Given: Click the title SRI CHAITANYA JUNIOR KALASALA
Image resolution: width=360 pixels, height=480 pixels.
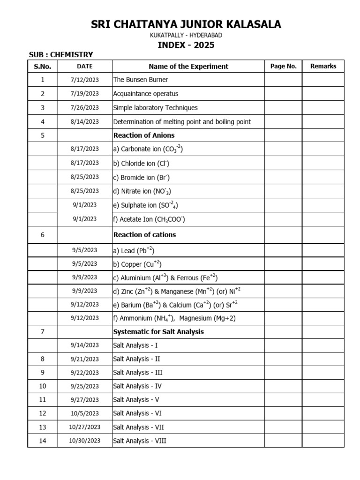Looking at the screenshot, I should click(186, 24).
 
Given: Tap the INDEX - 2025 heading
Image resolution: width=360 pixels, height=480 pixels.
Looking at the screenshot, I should click(186, 45).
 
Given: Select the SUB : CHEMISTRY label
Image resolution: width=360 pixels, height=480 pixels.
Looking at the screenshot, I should click(61, 55).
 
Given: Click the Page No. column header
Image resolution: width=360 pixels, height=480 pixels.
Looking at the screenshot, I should click(283, 66).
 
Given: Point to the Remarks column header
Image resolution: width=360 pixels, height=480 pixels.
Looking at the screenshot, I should click(323, 66).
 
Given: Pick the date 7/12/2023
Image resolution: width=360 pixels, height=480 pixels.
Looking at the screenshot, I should click(84, 80).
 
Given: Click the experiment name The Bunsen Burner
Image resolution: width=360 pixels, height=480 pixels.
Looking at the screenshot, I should click(141, 80).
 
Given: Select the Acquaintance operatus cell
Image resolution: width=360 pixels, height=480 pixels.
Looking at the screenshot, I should click(146, 94).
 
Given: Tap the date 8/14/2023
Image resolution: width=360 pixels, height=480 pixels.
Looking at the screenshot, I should click(84, 121).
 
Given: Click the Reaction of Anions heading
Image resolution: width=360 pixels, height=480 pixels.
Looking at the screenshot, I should click(143, 135).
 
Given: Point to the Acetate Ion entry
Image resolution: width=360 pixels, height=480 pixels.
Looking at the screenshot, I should click(149, 219).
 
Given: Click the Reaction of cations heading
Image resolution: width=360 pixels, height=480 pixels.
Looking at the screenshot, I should click(144, 234).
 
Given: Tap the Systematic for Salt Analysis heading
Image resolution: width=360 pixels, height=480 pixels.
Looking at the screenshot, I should click(158, 332).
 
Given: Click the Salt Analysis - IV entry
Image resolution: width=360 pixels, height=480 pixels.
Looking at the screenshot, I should click(137, 386).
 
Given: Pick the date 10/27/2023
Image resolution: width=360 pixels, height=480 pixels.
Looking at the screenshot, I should click(84, 427).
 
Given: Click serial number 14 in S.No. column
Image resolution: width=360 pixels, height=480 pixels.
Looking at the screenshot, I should click(43, 441).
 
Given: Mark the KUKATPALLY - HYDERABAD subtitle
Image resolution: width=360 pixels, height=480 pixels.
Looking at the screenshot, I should click(186, 36).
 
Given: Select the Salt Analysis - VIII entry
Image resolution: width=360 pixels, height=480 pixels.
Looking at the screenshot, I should click(139, 441).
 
